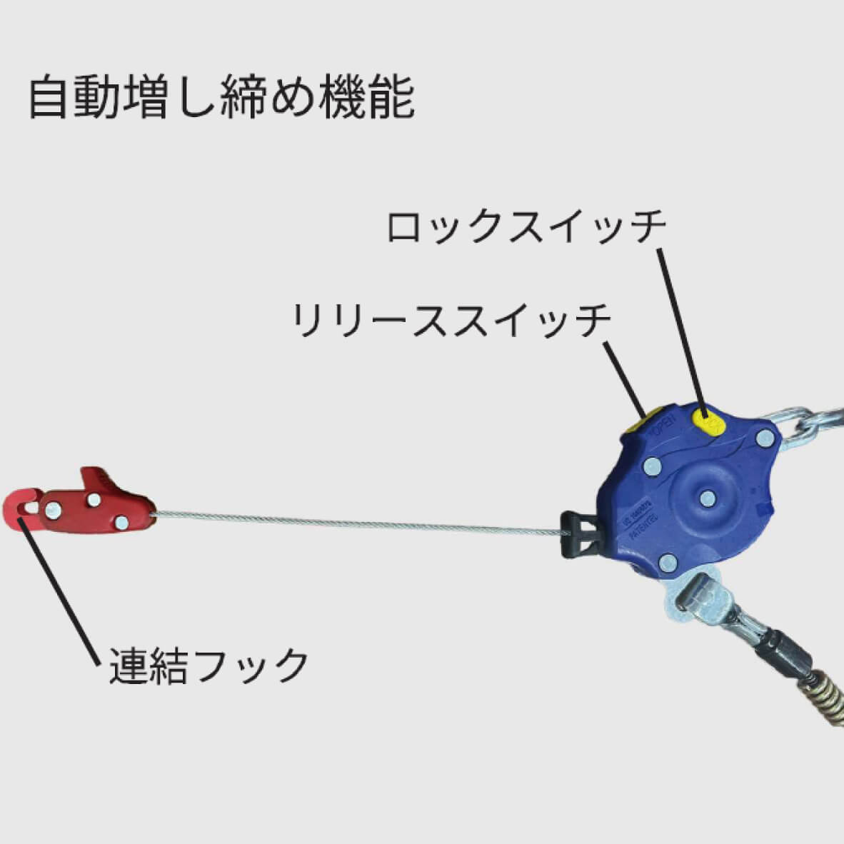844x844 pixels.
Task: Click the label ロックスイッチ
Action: [526, 227]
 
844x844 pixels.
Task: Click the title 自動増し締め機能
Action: [221, 97]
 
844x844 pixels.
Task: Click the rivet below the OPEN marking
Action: [651, 467]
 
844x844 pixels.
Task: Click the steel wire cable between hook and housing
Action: [357, 524]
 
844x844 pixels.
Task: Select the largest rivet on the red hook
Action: [51, 509]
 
